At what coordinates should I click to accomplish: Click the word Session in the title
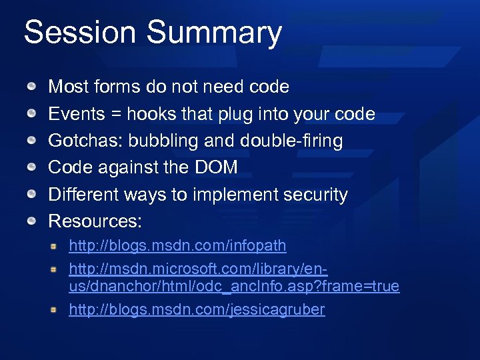point(79,33)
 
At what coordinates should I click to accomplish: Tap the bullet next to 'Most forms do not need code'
point(32,87)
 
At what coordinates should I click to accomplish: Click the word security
point(313,195)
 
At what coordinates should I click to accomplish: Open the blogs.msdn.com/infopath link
point(177,246)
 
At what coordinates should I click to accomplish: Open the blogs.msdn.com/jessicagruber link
point(197,309)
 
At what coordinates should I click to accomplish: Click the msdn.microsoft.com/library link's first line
point(198,269)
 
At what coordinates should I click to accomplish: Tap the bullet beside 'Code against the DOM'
point(32,168)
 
